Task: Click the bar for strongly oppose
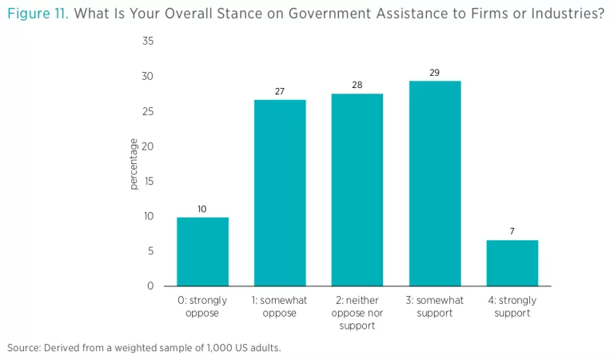[x=202, y=251]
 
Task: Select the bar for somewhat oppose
[x=280, y=193]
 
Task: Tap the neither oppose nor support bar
[x=357, y=190]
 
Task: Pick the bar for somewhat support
[x=435, y=183]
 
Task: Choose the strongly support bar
[x=512, y=262]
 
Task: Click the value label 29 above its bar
[x=435, y=73]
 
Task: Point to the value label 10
[x=202, y=209]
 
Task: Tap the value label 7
[x=512, y=232]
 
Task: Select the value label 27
[x=280, y=91]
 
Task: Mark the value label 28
[x=357, y=85]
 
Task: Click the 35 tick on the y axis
[x=148, y=42]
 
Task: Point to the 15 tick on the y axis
[x=149, y=182]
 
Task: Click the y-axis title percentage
[x=134, y=164]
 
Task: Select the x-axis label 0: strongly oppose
[x=202, y=306]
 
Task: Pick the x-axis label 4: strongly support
[x=512, y=306]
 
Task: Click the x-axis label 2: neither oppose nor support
[x=357, y=313]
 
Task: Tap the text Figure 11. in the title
[x=38, y=14]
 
